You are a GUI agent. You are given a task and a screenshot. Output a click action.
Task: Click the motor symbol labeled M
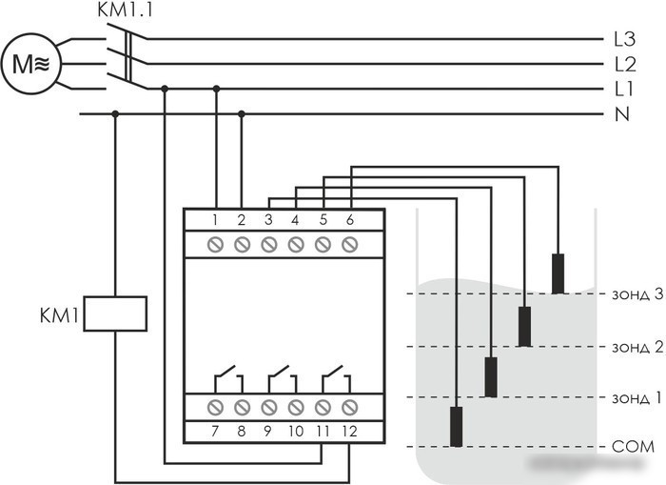coord(31,64)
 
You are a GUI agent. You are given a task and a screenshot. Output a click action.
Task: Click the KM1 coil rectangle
coord(115,313)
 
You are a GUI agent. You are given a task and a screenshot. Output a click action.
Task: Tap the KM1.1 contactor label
coord(125,10)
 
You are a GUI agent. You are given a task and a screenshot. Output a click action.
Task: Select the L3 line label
coord(624,39)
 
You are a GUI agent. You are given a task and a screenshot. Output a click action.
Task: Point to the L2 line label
coord(625,64)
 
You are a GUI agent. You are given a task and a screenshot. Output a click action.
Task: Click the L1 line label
coord(623,89)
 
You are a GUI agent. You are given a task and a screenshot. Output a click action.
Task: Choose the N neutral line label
coord(622,114)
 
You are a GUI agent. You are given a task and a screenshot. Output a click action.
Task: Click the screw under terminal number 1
coord(215,245)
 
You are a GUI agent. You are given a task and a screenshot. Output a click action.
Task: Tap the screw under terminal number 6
coord(349,245)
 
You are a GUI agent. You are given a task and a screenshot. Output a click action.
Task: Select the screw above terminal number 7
coord(215,408)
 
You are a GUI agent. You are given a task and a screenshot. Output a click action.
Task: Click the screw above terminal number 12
coord(349,408)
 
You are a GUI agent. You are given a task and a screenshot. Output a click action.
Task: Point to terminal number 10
coord(296,432)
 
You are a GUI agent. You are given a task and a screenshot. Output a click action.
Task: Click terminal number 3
coord(268,220)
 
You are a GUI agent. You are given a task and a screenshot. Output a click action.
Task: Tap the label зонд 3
coord(637,294)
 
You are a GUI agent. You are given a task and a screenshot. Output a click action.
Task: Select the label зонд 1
coord(637,397)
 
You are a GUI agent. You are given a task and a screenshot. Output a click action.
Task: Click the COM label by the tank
coord(633,447)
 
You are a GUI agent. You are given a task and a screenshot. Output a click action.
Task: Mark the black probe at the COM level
coord(456,427)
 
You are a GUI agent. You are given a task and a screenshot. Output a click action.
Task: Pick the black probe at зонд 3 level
coord(558,274)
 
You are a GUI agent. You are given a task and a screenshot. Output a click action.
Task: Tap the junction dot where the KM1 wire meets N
coord(115,114)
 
